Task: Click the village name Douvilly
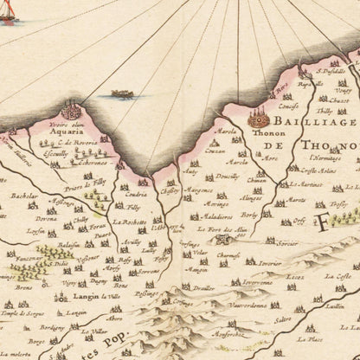coord(227,174)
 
